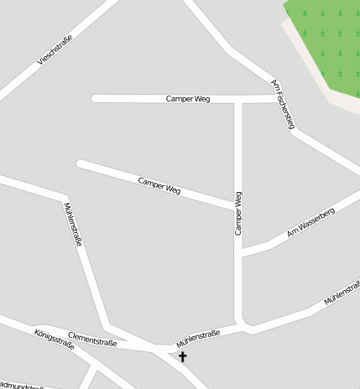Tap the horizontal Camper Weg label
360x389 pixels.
[x=188, y=99]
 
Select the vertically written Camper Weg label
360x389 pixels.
[x=238, y=212]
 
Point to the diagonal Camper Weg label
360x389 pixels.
[x=159, y=185]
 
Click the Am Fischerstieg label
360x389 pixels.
[x=284, y=105]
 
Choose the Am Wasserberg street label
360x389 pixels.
[x=310, y=221]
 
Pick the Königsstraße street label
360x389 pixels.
[x=55, y=345]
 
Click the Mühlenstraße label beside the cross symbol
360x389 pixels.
[x=198, y=339]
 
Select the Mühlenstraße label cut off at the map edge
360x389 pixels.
[x=342, y=293]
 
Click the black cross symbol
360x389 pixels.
[x=182, y=356]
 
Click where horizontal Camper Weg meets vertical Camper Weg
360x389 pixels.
[x=238, y=99]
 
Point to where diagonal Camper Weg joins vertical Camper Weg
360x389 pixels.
[x=237, y=206]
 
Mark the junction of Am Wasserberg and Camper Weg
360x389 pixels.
[x=239, y=254]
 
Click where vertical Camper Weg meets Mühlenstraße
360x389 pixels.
[x=240, y=324]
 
